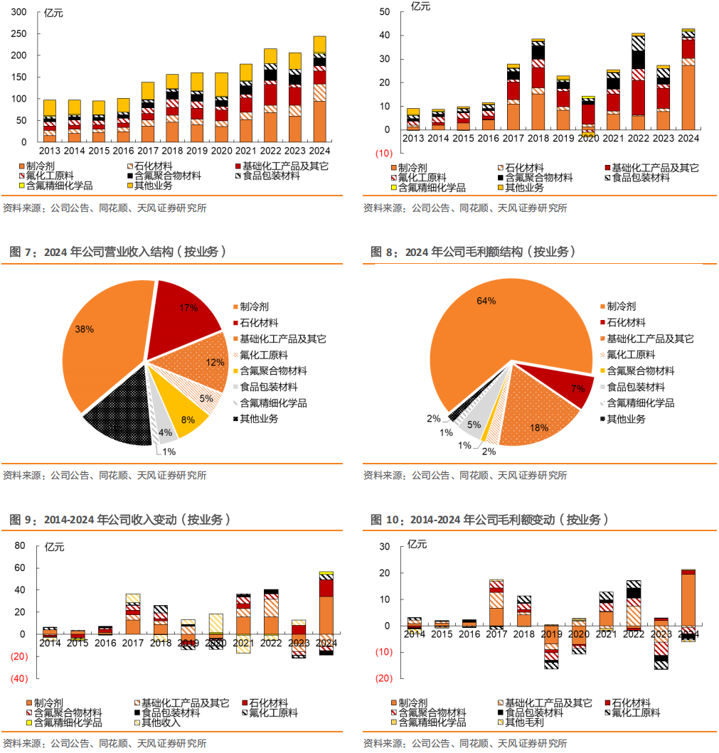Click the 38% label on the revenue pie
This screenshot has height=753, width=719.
point(85,329)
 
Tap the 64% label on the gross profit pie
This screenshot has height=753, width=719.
point(486,301)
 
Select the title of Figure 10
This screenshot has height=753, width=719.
point(490,520)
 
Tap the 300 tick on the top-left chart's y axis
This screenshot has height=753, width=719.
point(19,12)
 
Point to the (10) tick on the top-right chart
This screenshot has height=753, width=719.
point(383,154)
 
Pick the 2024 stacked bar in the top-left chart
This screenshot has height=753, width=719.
point(320,89)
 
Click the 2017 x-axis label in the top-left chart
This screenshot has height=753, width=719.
point(148,150)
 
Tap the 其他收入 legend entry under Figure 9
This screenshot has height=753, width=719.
point(160,722)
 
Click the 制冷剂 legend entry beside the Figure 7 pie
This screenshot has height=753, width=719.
point(255,306)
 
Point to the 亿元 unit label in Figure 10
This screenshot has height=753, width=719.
point(417,544)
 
